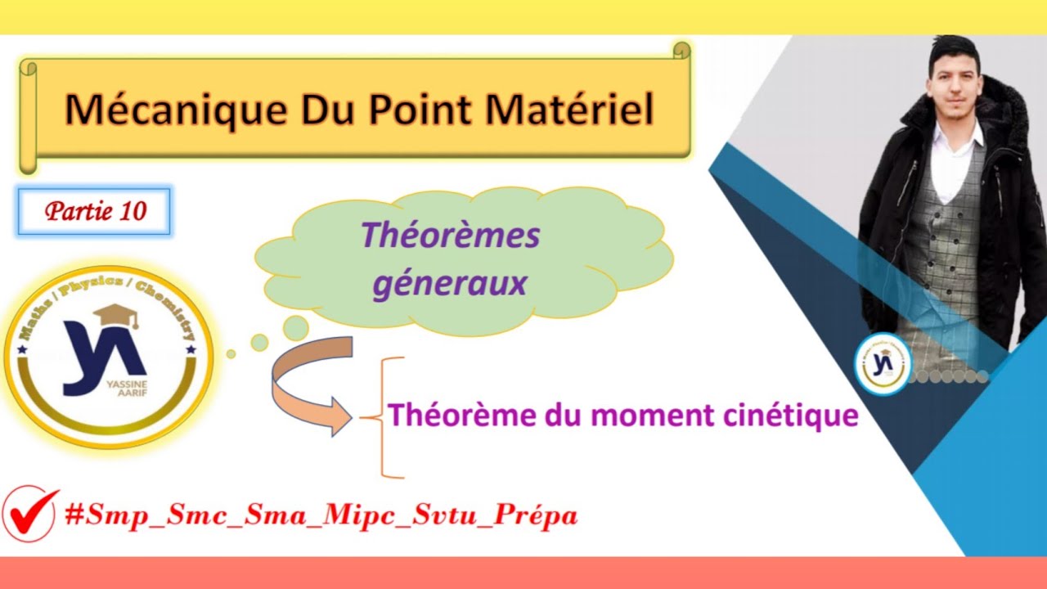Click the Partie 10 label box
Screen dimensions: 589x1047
(x=96, y=211)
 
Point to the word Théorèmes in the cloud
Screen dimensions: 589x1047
(x=450, y=236)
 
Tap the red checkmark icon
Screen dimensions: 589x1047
(x=30, y=513)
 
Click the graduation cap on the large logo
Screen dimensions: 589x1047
(x=115, y=315)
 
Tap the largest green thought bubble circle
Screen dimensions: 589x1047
(x=295, y=328)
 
